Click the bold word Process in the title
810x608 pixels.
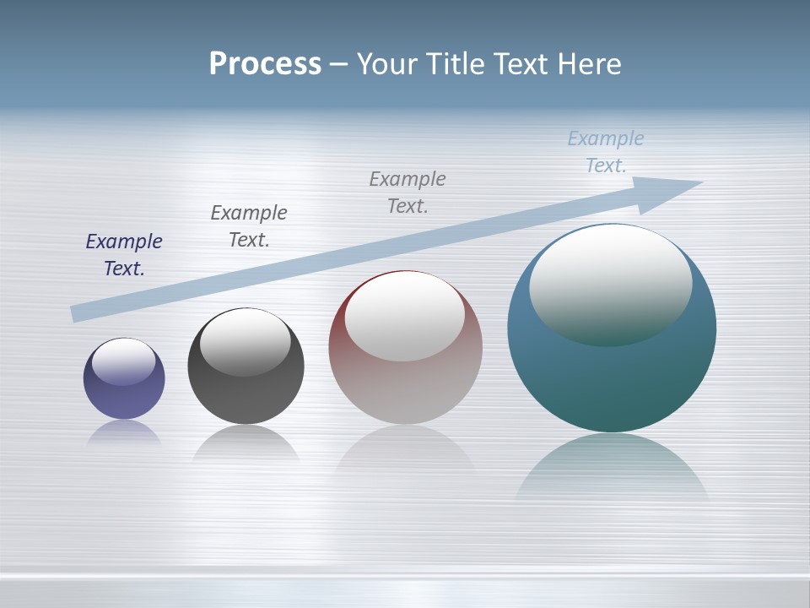tap(265, 64)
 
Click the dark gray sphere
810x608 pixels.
tap(246, 397)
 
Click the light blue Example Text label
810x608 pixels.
tap(606, 152)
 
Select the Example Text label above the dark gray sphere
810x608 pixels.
tap(249, 226)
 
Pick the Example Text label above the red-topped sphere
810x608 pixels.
tap(408, 193)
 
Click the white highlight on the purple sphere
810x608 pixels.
tap(124, 359)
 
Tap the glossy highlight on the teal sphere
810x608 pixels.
tap(610, 283)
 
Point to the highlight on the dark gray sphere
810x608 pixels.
tap(246, 340)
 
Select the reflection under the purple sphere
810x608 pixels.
tap(124, 433)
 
